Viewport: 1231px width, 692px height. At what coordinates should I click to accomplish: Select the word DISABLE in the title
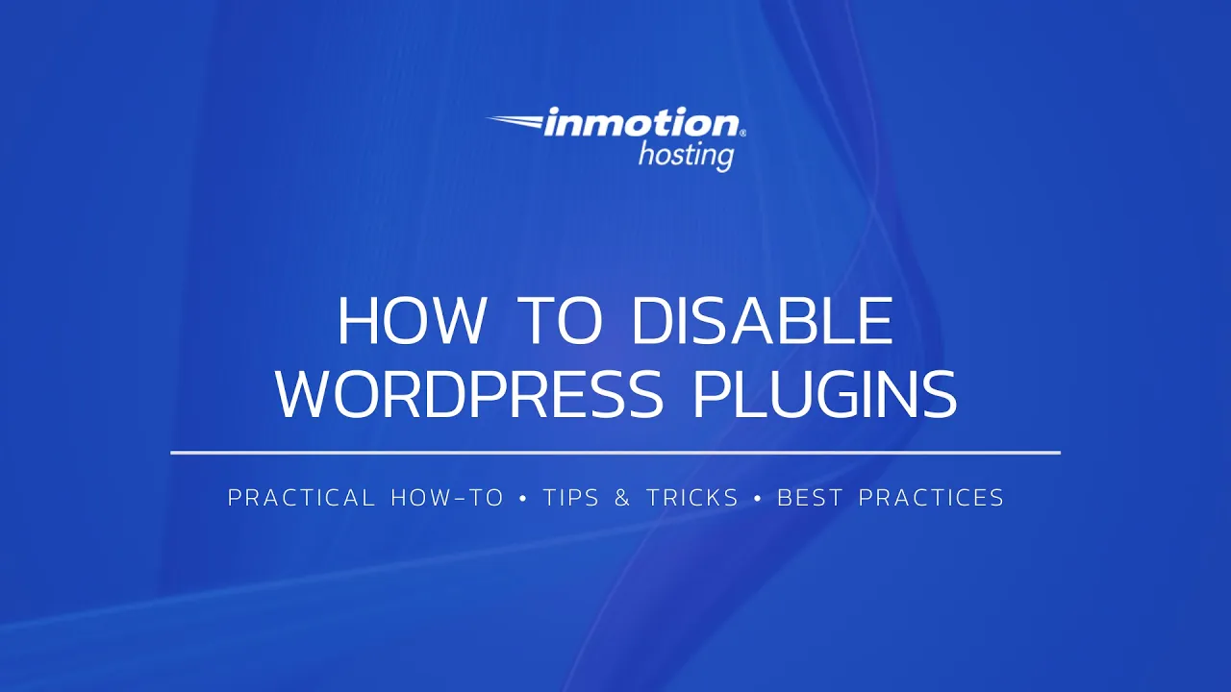pyautogui.click(x=762, y=322)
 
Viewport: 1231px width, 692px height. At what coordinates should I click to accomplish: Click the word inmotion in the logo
pyautogui.click(x=641, y=124)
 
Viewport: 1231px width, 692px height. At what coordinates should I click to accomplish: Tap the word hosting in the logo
pyautogui.click(x=686, y=154)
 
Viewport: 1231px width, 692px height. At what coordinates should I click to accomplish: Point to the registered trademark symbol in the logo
pyautogui.click(x=742, y=134)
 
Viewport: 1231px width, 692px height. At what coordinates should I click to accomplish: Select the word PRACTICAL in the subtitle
pyautogui.click(x=301, y=498)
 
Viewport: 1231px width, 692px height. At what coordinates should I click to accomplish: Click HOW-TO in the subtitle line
pyautogui.click(x=447, y=498)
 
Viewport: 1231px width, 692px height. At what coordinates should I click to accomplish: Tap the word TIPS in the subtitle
pyautogui.click(x=571, y=498)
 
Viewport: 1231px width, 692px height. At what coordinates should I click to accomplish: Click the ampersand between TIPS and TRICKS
pyautogui.click(x=622, y=498)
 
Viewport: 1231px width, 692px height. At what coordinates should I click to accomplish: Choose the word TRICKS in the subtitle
pyautogui.click(x=691, y=498)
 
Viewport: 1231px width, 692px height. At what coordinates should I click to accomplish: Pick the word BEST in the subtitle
pyautogui.click(x=809, y=498)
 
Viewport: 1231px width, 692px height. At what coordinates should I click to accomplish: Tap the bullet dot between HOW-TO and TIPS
pyautogui.click(x=523, y=498)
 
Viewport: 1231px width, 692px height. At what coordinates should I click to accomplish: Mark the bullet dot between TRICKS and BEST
pyautogui.click(x=758, y=498)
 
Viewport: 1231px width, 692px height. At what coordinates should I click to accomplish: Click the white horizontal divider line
pyautogui.click(x=615, y=452)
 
